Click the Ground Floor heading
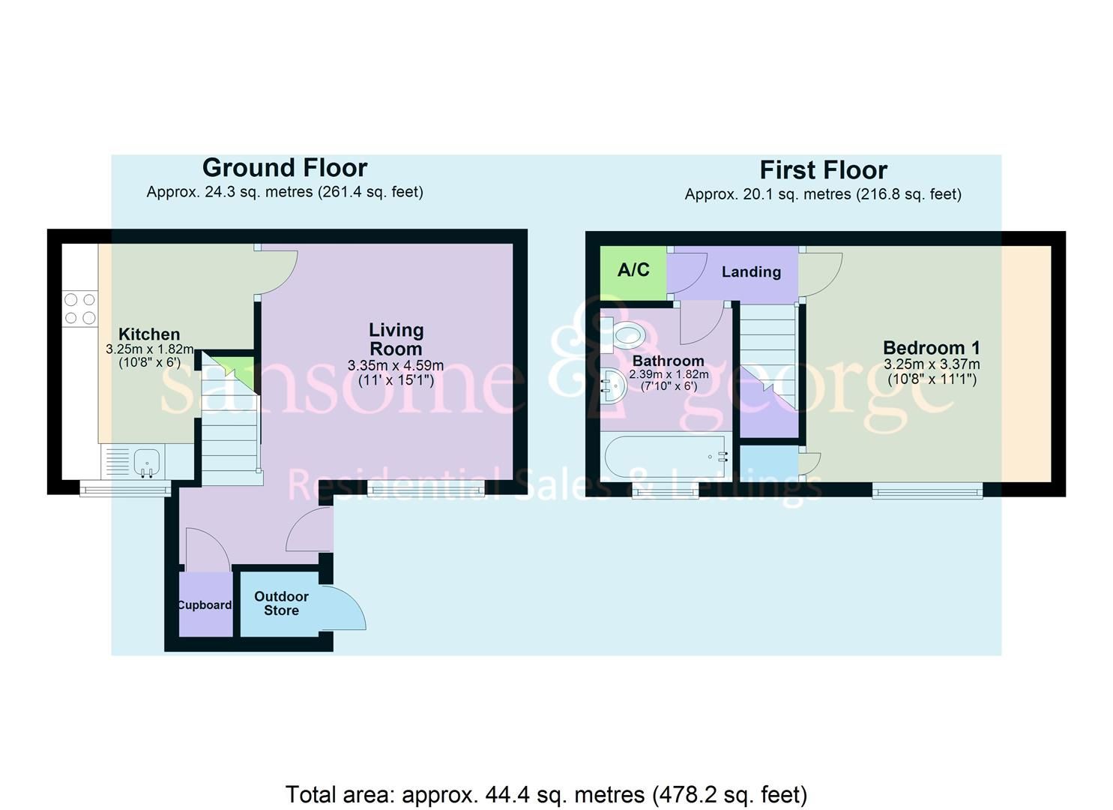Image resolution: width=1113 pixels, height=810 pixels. (284, 167)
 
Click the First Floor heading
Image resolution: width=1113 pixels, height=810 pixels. (823, 170)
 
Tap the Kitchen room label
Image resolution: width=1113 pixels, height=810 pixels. (149, 334)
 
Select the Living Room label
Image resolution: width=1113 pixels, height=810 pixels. (396, 339)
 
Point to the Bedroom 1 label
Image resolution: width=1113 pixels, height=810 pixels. (931, 348)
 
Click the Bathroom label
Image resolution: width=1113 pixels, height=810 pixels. (668, 361)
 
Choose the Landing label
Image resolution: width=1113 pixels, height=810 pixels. (751, 272)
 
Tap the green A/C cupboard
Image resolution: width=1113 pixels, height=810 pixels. (633, 271)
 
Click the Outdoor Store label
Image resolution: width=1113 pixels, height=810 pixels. (281, 603)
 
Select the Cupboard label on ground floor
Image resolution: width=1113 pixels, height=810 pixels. (205, 604)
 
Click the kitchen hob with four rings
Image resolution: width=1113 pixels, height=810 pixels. (79, 308)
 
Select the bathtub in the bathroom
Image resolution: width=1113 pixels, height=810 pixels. (666, 456)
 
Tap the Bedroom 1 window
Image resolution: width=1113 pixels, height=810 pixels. (927, 490)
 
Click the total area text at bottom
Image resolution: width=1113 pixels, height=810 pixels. (546, 794)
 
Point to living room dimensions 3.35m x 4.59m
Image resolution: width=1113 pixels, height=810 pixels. (396, 366)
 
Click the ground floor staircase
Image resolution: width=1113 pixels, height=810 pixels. (230, 435)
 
